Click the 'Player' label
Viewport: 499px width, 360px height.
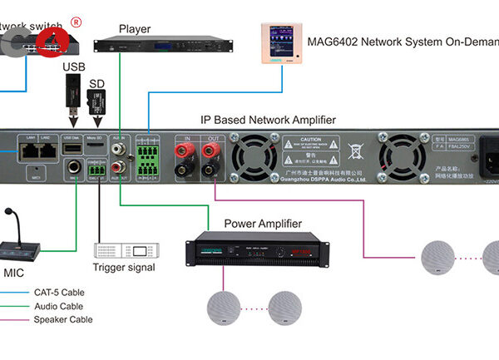134,29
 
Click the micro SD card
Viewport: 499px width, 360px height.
96,103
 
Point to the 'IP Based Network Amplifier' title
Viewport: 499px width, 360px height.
268,120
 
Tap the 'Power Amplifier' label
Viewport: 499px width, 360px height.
263,224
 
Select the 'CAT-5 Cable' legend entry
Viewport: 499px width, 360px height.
59,293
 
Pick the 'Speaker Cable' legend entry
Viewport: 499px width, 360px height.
63,319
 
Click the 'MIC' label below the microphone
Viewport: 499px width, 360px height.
14,273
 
